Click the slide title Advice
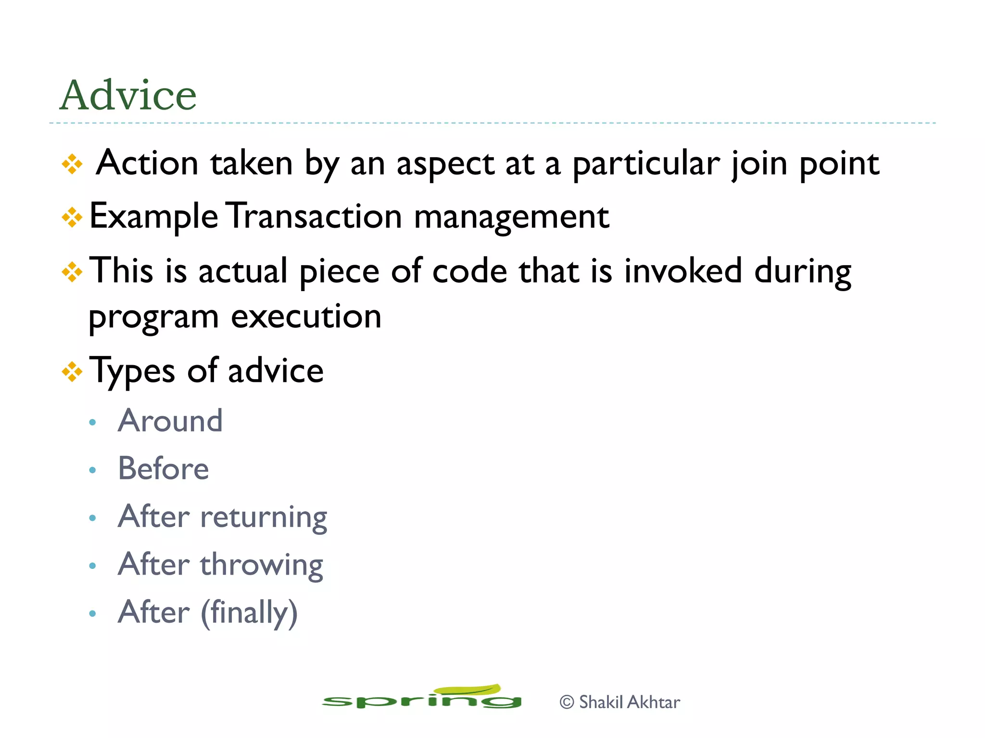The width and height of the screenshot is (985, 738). [128, 95]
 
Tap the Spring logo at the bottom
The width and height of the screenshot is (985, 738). [422, 698]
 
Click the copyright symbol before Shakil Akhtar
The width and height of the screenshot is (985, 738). [567, 702]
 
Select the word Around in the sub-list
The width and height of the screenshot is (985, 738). [170, 421]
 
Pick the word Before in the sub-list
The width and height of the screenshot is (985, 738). [164, 468]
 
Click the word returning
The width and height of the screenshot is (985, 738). [264, 518]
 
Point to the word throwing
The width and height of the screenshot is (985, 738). [262, 566]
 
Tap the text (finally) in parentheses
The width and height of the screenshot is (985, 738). [249, 613]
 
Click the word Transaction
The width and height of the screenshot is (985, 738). [314, 217]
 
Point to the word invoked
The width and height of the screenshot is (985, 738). [683, 271]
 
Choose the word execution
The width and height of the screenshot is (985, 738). [306, 317]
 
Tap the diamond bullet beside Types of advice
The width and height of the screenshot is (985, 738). [72, 371]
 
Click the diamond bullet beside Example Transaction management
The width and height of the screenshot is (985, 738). [72, 217]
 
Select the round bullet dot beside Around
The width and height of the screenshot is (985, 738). [93, 423]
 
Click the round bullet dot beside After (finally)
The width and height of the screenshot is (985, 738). [93, 614]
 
